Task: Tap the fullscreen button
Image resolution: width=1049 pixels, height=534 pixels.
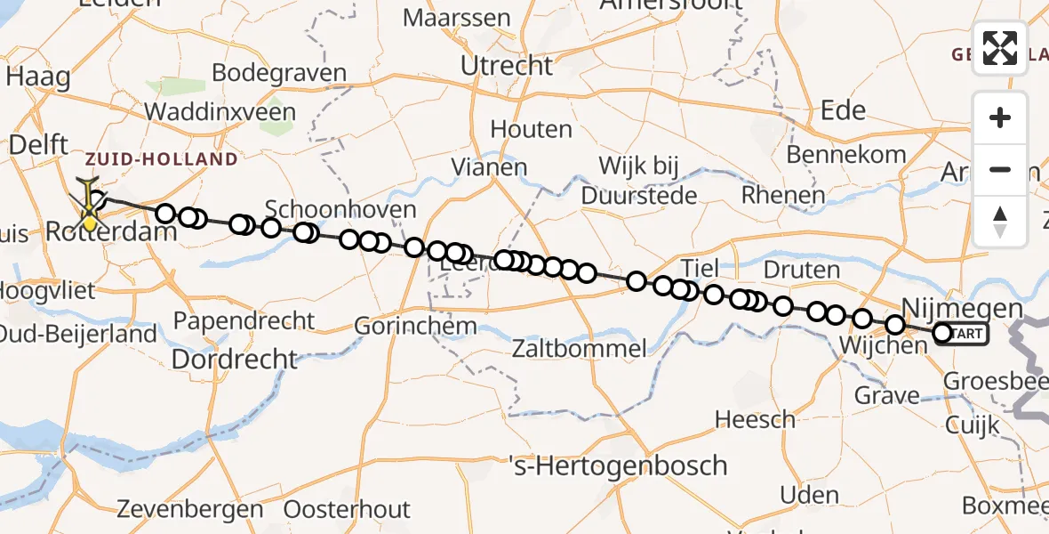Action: click(1000, 48)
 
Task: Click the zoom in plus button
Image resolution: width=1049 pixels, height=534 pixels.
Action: click(1000, 117)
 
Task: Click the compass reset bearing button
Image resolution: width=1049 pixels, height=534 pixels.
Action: click(1000, 221)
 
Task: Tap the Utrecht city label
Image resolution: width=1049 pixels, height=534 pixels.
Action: click(507, 66)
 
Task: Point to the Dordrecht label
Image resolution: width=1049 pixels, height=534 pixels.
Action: click(234, 359)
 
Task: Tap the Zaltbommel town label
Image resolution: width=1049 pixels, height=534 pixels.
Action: click(579, 348)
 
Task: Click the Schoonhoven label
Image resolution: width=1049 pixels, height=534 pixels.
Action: click(340, 210)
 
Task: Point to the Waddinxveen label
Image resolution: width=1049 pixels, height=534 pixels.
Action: click(220, 112)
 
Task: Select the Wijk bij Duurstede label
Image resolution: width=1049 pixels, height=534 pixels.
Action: click(638, 180)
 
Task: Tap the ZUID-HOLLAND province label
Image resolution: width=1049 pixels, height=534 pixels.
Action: click(162, 160)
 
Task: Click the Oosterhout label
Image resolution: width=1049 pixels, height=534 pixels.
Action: click(347, 510)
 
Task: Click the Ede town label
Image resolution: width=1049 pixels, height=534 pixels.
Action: click(844, 110)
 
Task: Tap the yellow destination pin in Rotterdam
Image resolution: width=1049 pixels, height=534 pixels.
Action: click(90, 213)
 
